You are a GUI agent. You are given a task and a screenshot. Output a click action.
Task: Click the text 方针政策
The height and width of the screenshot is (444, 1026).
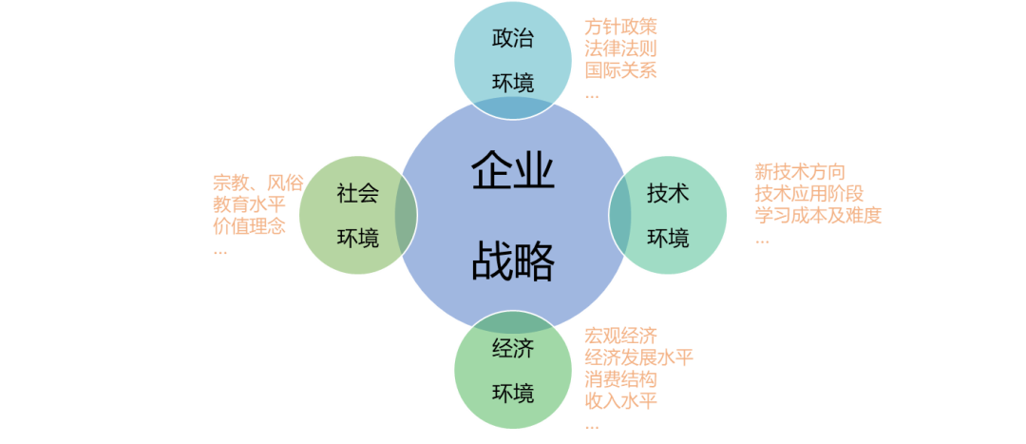[x=620, y=27]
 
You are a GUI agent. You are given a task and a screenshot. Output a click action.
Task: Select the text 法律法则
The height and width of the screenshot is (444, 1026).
[x=620, y=48]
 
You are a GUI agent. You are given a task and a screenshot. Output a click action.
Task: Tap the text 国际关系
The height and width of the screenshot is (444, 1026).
[x=620, y=70]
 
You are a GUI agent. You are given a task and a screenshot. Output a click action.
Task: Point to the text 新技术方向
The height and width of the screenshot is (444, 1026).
[x=799, y=172]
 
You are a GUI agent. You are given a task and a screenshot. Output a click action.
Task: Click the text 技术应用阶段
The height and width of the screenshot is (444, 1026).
[x=808, y=194]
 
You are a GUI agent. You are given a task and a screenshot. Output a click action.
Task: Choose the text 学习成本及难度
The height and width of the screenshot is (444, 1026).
[x=818, y=216]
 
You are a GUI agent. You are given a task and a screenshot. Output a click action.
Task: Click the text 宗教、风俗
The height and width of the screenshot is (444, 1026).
[x=257, y=183]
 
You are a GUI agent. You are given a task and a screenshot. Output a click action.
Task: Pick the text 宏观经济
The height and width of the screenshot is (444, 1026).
[x=620, y=335]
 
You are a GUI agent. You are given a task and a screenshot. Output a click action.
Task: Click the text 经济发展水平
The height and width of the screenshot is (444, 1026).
[x=638, y=357]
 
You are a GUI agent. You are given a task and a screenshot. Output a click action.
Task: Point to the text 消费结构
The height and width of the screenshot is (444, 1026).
[x=620, y=378]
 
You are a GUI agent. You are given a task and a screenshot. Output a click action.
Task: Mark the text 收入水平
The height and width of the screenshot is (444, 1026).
[x=620, y=400]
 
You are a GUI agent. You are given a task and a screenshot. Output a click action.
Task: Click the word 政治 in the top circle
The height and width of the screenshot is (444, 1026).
[x=513, y=39]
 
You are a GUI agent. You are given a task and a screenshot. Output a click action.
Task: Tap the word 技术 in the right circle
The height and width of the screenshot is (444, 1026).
[x=668, y=193]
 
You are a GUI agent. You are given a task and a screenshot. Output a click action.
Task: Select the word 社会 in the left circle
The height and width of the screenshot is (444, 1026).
[x=358, y=193]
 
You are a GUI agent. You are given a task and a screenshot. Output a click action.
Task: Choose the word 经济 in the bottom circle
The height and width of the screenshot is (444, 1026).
[x=513, y=348]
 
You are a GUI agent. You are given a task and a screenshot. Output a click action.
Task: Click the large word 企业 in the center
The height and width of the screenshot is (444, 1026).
[x=513, y=173]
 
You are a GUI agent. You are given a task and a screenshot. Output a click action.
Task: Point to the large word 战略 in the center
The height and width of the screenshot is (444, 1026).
[x=513, y=261]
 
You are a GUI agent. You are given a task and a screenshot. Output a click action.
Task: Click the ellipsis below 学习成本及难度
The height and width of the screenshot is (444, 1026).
[x=762, y=241]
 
